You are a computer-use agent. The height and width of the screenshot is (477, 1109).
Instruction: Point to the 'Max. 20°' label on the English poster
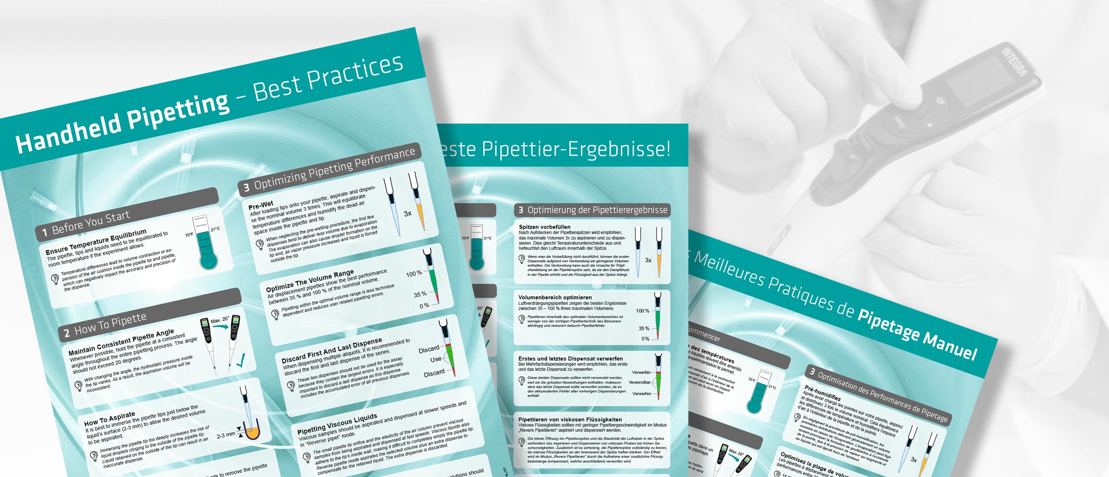tap(220, 320)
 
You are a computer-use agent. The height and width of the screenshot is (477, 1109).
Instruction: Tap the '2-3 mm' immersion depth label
tap(226, 435)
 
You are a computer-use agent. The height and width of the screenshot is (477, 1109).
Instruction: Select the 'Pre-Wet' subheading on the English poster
tap(261, 205)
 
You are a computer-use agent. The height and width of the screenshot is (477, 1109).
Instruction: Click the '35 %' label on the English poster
tap(420, 294)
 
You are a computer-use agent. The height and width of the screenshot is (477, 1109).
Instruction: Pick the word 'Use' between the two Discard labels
tap(435, 359)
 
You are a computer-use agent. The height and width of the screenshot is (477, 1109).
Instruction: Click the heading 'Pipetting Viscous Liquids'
tap(337, 424)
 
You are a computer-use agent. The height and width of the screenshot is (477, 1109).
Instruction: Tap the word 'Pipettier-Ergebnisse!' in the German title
tap(576, 149)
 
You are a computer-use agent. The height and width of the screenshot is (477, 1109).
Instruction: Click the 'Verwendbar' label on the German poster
tap(639, 382)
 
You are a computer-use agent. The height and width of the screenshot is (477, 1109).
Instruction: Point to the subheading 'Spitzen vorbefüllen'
tap(545, 227)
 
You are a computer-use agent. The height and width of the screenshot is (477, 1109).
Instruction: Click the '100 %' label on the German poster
tap(642, 311)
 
